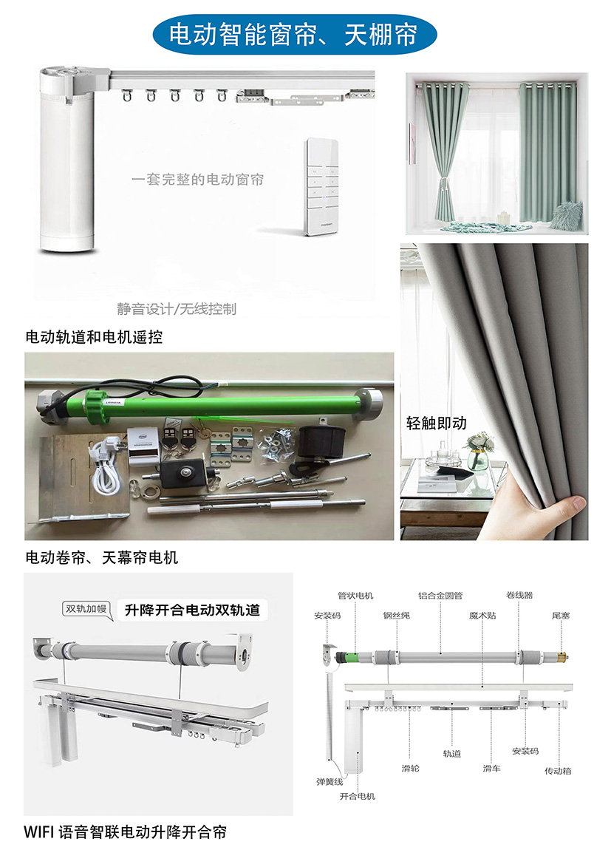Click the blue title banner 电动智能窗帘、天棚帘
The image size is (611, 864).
point(295,34)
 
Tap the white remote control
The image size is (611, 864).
point(322,187)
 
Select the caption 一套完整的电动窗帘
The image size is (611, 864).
point(198,179)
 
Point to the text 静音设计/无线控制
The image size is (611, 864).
point(177,309)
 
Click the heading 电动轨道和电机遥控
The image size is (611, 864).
point(95,337)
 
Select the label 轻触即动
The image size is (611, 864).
point(437,424)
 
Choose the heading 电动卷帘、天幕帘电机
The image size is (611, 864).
point(102,557)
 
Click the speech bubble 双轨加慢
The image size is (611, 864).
point(86,610)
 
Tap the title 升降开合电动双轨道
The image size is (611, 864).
point(192,610)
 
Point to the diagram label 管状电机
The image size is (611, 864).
point(355,596)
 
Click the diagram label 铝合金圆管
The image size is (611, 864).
point(440,596)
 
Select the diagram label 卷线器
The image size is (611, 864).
point(519,595)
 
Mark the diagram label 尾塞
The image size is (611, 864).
point(561,616)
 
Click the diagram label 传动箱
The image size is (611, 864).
point(558,771)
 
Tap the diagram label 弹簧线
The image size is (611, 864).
point(330,782)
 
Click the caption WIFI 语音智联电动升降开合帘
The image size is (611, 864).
point(126,832)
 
